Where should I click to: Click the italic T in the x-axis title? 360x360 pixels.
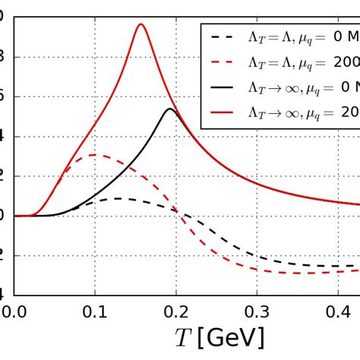[183, 336]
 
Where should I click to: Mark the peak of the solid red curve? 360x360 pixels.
[141, 24]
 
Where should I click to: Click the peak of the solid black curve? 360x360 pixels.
[170, 109]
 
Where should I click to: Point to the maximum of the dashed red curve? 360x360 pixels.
[93, 155]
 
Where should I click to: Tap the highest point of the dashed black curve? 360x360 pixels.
[118, 199]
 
